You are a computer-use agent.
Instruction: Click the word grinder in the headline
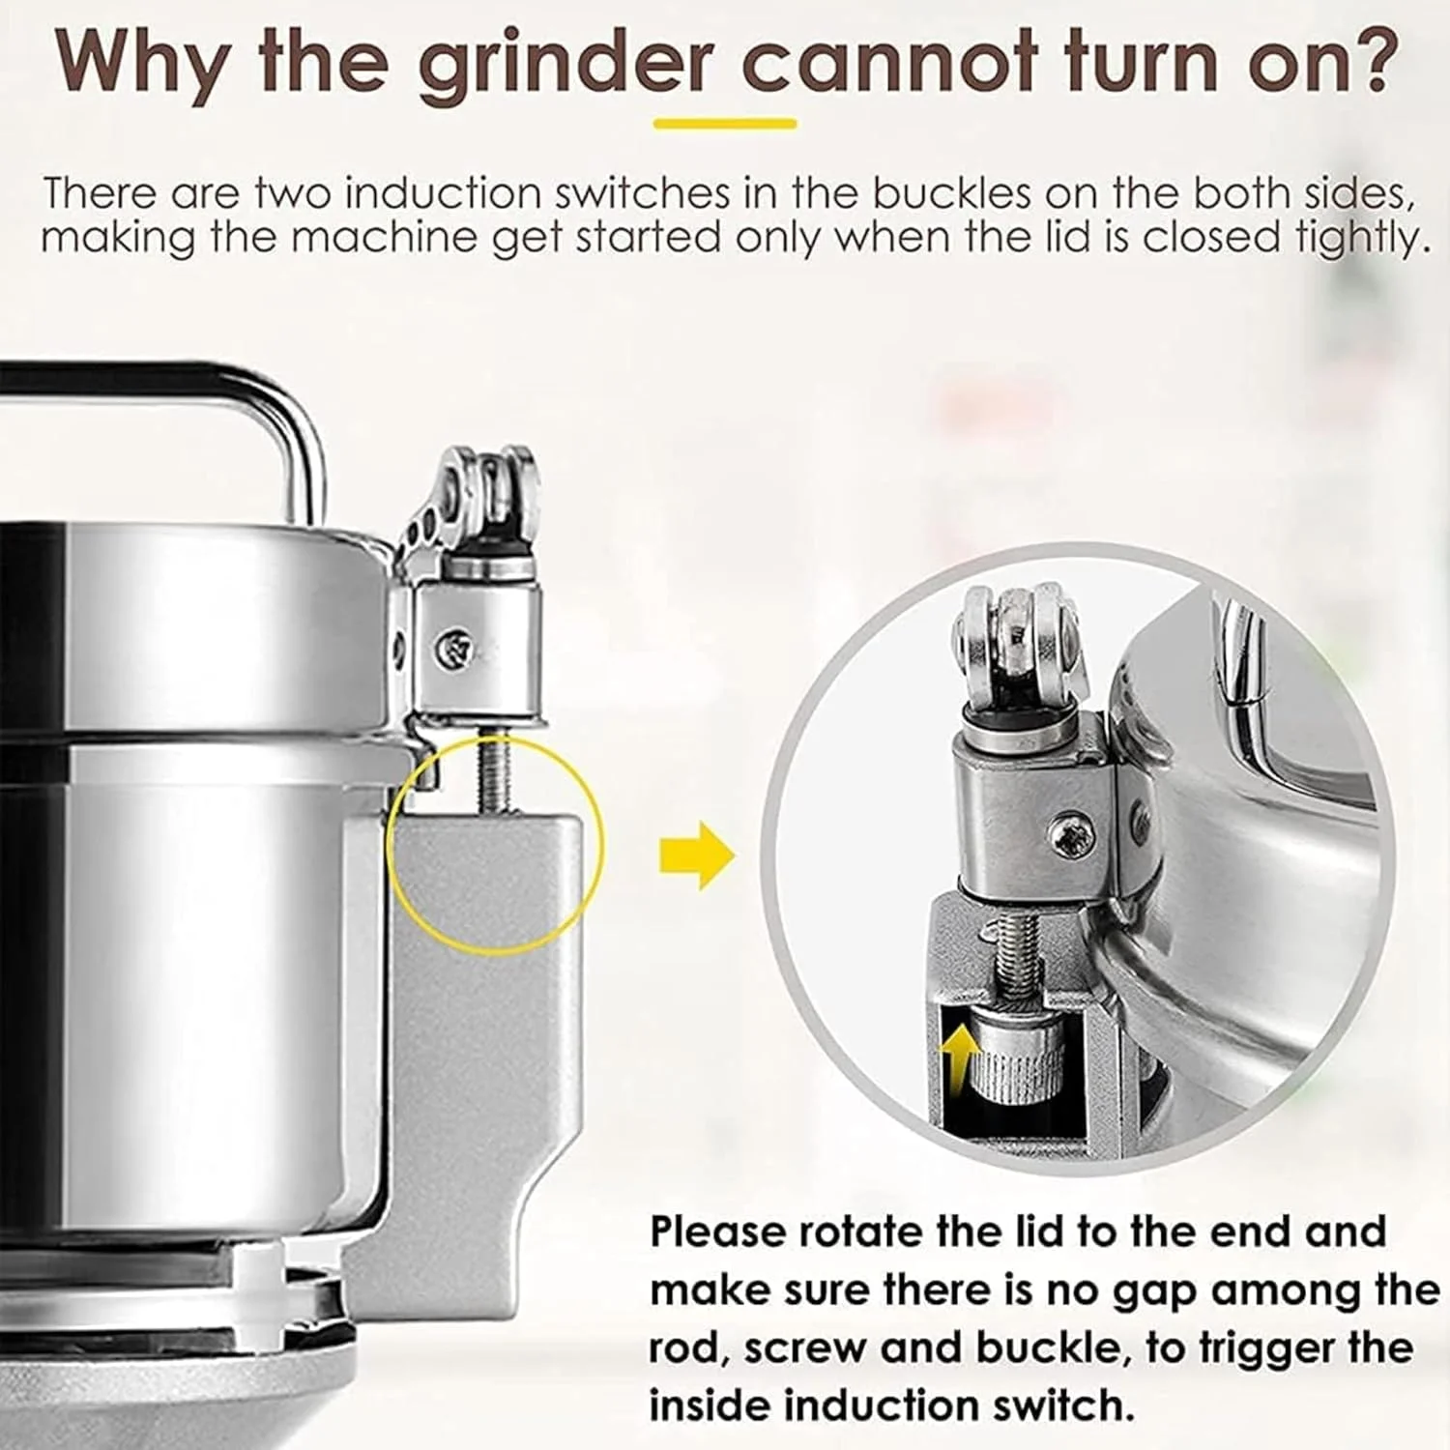(566, 66)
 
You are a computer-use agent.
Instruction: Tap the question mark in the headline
(1374, 60)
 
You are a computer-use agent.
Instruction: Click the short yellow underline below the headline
(725, 124)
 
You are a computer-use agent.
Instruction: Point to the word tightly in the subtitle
(1365, 239)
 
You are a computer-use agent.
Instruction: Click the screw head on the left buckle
(454, 646)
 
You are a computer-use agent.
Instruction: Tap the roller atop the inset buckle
(1015, 638)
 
